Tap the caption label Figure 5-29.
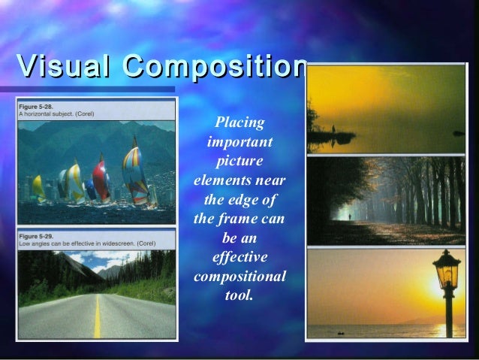tap(37, 236)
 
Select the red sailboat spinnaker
tap(101, 179)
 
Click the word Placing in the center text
tap(239, 123)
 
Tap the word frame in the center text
tap(240, 219)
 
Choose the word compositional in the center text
tap(239, 277)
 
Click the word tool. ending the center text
tap(239, 295)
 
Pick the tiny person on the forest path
tap(348, 218)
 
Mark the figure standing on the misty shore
tap(333, 129)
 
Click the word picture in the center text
tap(239, 161)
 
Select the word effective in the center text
tap(239, 258)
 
